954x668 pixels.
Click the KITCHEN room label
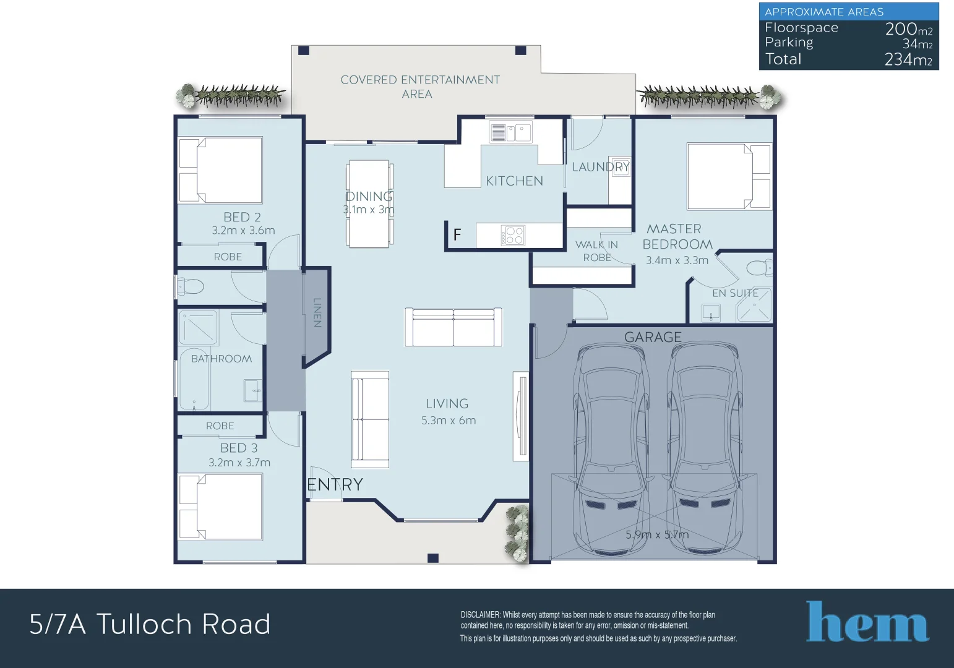tap(514, 181)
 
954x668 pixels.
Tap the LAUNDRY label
tap(600, 167)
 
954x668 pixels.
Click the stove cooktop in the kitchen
tap(513, 236)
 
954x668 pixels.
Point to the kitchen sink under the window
tap(510, 132)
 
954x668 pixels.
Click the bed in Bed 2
tap(221, 170)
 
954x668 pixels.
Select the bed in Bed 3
tap(221, 507)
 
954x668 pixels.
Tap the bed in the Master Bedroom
tap(729, 176)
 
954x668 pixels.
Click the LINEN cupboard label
tap(317, 312)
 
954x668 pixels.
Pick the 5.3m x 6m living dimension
tap(449, 421)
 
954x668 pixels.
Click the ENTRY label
tap(335, 485)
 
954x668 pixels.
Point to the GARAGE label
tap(653, 337)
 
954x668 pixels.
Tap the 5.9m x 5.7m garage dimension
tap(656, 535)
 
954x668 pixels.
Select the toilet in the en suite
tap(759, 268)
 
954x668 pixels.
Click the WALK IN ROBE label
tap(596, 251)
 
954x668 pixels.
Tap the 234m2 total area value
tap(908, 59)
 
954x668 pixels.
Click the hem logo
tap(867, 622)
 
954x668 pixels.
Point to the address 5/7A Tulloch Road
tap(150, 624)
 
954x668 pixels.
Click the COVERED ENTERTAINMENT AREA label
tap(419, 87)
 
